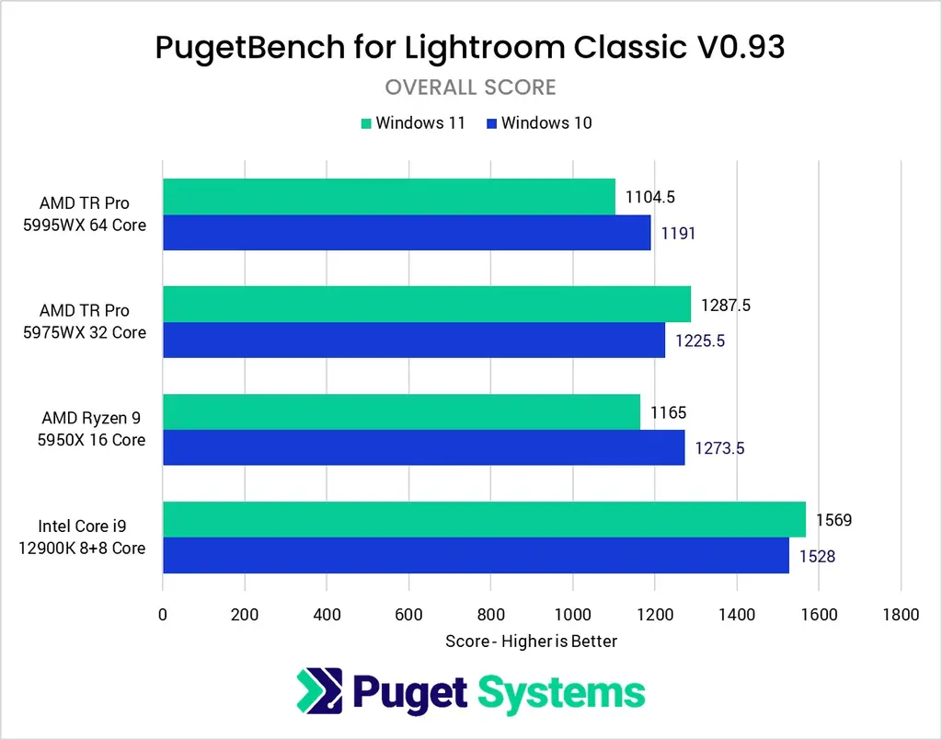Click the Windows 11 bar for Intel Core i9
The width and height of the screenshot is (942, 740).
(x=484, y=519)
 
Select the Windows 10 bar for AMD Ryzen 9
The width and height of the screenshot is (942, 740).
(x=423, y=447)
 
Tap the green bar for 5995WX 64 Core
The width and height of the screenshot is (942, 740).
(x=388, y=196)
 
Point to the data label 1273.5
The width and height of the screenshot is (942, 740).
(x=718, y=448)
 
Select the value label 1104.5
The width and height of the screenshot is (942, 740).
(x=650, y=196)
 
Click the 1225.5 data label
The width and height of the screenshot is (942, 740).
(x=700, y=341)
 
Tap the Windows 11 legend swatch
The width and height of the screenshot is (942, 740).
(x=365, y=122)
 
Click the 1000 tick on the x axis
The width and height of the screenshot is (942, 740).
(x=572, y=615)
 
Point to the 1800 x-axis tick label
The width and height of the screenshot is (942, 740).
(x=900, y=615)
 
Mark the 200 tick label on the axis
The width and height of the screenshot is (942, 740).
(x=245, y=615)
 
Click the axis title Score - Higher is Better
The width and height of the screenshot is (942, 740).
(x=531, y=641)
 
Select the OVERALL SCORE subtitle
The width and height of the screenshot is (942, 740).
(x=470, y=87)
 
